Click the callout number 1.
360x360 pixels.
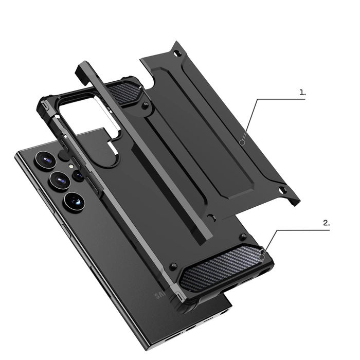pyautogui.click(x=302, y=93)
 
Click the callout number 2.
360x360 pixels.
pyautogui.click(x=326, y=224)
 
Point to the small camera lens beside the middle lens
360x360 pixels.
pyautogui.click(x=78, y=175)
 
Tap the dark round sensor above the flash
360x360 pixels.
pyautogui.click(x=63, y=154)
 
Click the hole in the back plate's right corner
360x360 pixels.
pyautogui.click(x=281, y=190)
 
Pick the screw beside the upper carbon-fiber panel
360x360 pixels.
pyautogui.click(x=147, y=105)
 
